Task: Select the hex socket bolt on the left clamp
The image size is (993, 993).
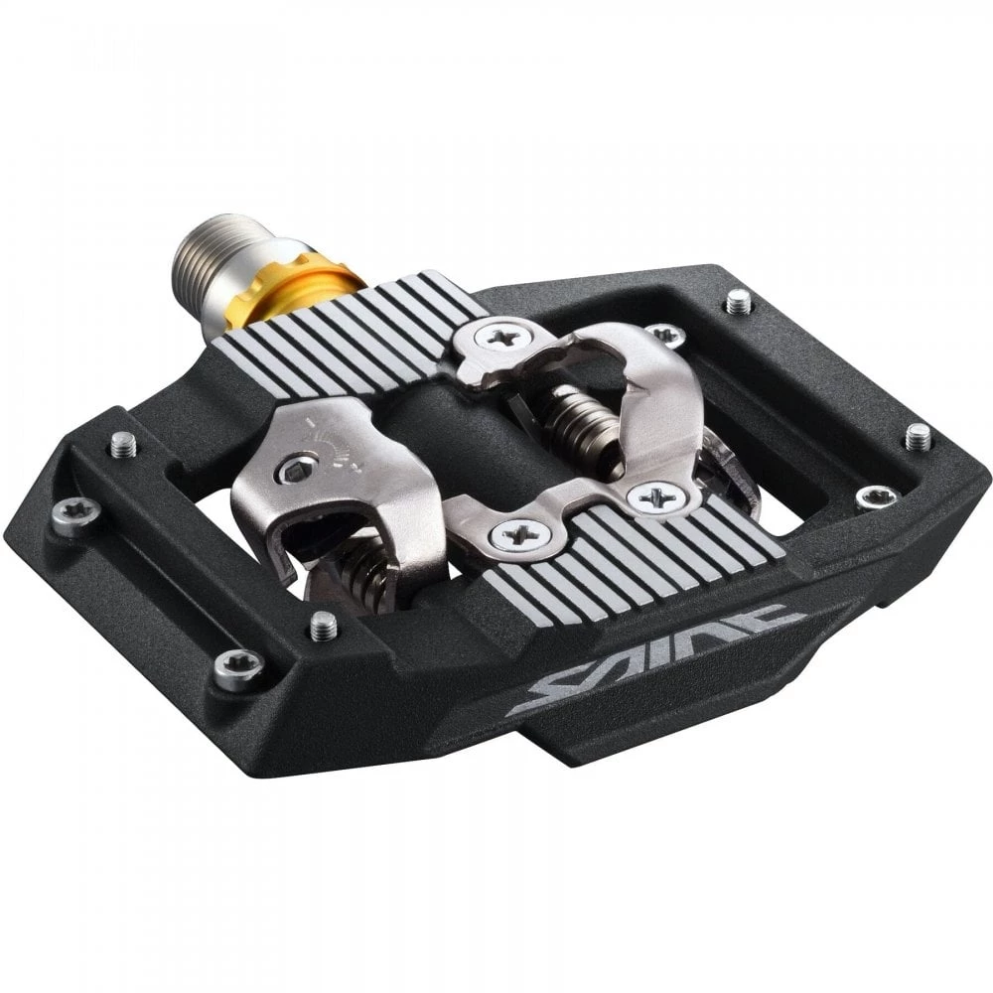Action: (x=294, y=470)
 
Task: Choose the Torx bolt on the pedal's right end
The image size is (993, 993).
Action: (x=875, y=496)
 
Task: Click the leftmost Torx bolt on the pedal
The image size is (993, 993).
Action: (x=74, y=512)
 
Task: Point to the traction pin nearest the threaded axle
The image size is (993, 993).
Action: (x=122, y=444)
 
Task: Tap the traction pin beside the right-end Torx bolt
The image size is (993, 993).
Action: (x=919, y=435)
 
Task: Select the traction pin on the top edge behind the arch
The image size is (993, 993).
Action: (x=739, y=301)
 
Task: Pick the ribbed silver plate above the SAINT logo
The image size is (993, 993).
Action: (x=636, y=556)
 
